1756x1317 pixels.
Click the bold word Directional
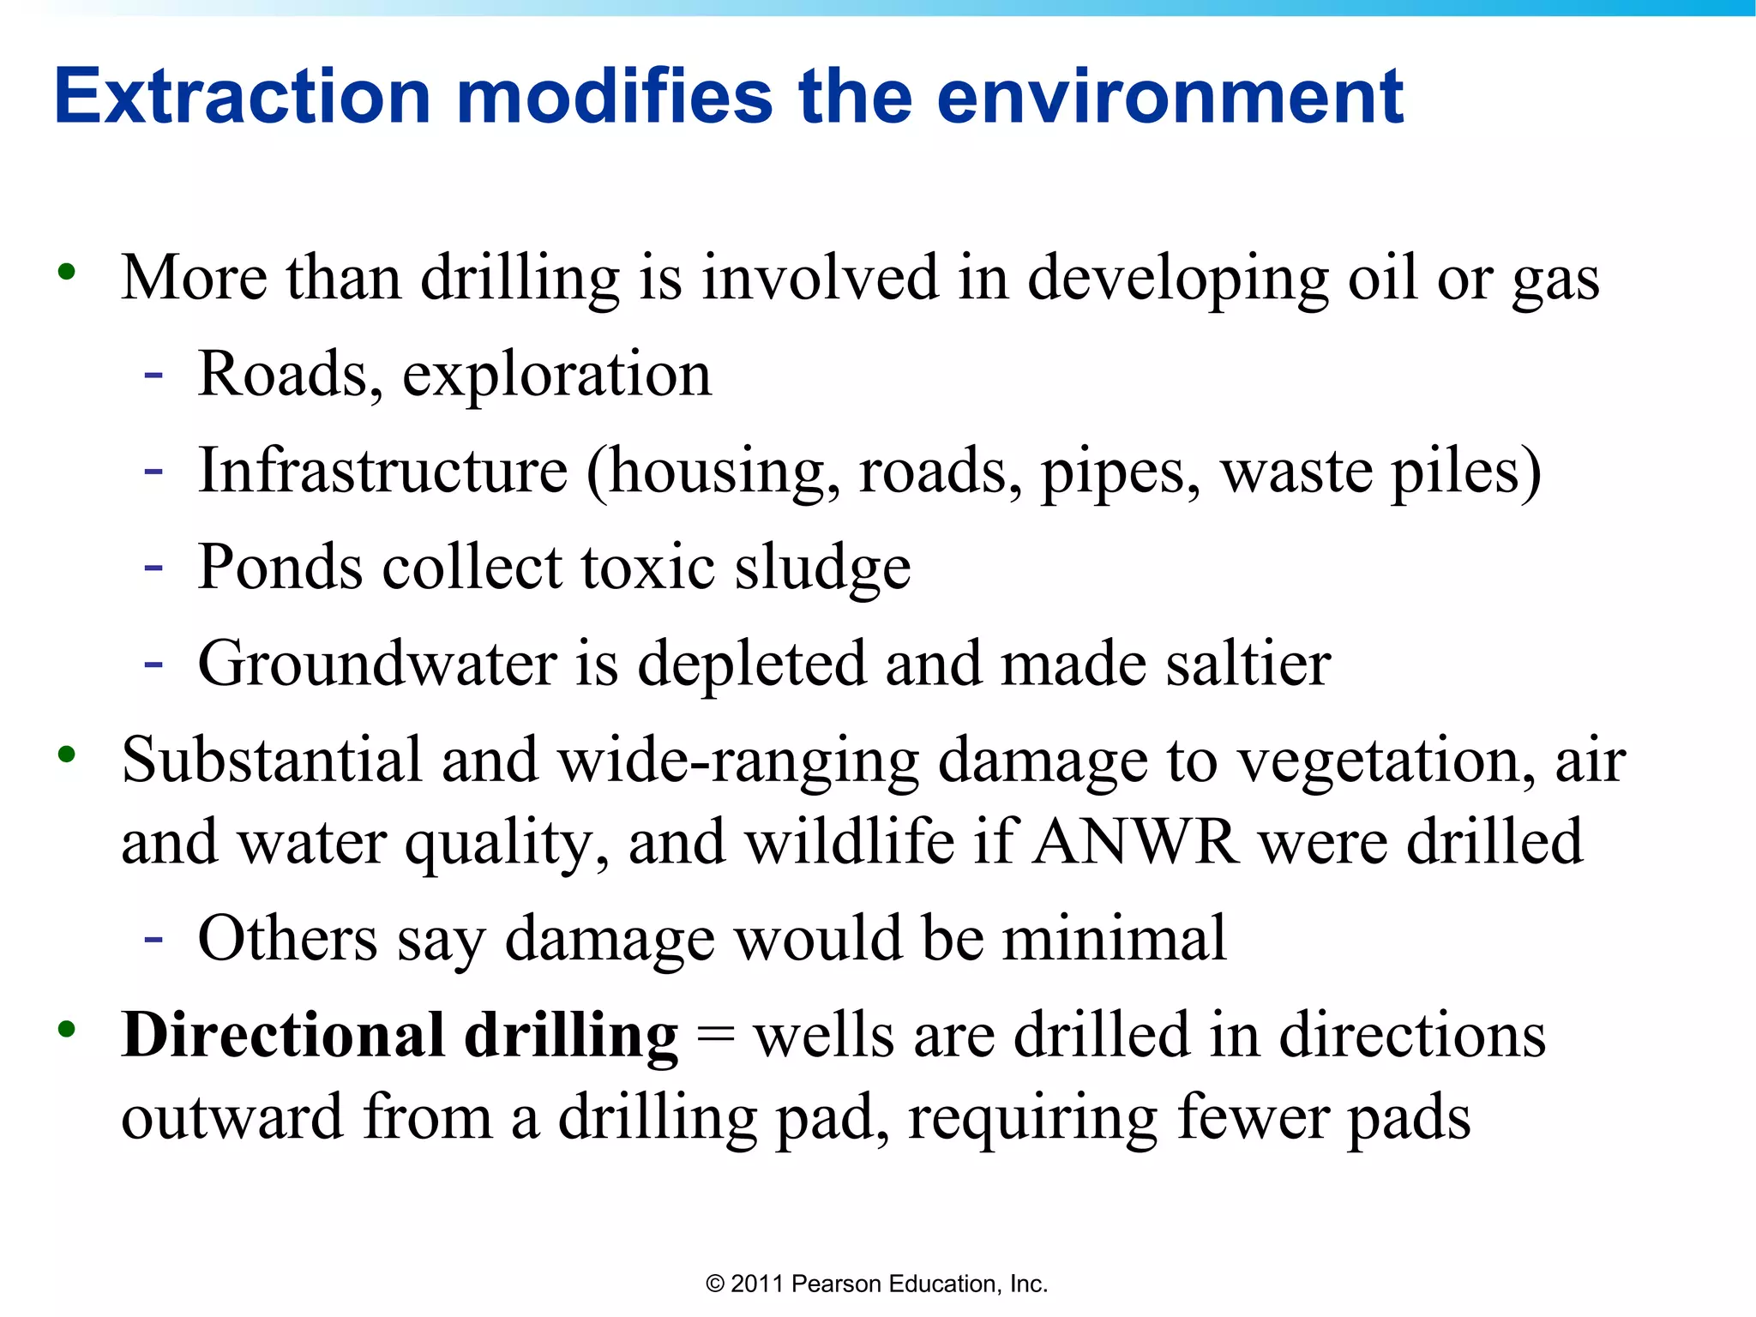pos(283,1035)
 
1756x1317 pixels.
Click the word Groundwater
pos(377,664)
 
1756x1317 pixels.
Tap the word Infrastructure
pos(382,471)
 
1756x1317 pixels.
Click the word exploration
pos(556,375)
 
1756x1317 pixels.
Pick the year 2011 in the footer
pos(757,1284)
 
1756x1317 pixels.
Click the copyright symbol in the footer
pos(715,1284)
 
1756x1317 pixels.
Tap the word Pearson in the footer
pos(837,1284)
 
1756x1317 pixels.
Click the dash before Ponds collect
pos(154,567)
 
